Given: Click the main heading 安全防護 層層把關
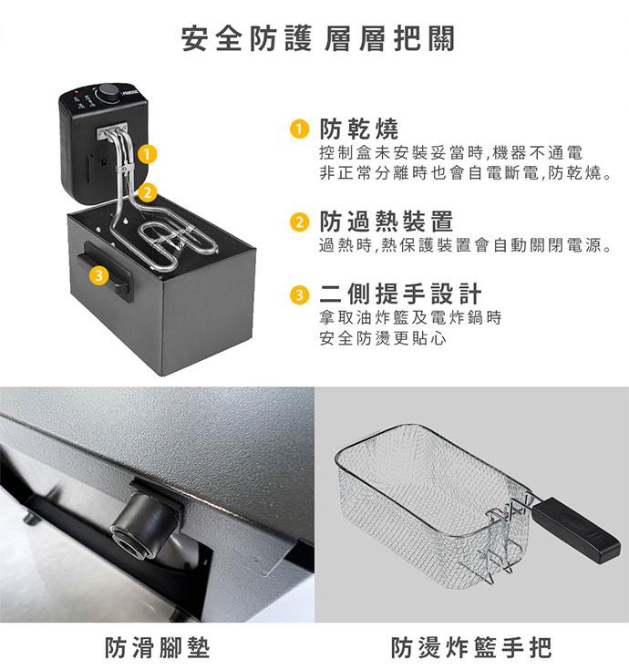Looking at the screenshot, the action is coord(318,39).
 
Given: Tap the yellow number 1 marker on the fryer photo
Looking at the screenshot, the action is coord(147,154).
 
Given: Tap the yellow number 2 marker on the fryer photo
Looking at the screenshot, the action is coord(147,192).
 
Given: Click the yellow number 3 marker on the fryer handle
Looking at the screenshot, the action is coord(98,275).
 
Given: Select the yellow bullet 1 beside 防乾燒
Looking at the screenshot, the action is coord(299,129).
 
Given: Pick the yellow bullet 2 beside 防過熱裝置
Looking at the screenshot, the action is coord(299,222).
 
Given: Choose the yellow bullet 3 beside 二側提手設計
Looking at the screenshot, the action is coord(299,294).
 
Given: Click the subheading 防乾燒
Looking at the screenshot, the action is coord(359,129).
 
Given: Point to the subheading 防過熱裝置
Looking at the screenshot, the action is coord(387,222).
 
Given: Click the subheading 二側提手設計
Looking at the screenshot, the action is coord(400,294).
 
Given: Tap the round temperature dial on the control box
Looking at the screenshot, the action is coord(108,92).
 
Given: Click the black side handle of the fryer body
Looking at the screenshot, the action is coord(107,270).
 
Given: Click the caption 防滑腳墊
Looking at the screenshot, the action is coord(158,647).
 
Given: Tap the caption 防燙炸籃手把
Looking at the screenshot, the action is coord(471,647).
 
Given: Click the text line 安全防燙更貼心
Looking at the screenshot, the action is coord(383,338).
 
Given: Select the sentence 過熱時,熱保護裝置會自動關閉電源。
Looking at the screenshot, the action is coord(467,245).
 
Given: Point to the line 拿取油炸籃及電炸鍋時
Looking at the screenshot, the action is coord(410,317).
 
